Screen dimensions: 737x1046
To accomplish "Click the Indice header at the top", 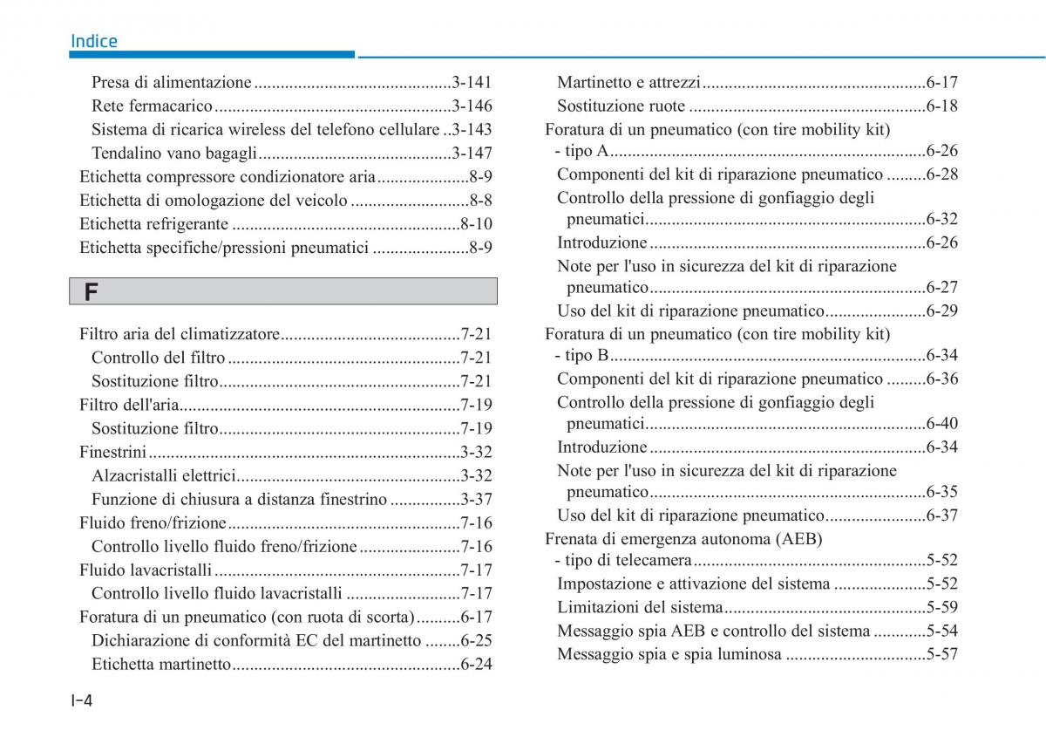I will tap(93, 41).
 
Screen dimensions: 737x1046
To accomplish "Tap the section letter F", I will tap(91, 292).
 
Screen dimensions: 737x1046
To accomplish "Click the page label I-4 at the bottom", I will tap(82, 699).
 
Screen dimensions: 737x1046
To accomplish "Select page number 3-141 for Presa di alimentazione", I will tap(472, 83).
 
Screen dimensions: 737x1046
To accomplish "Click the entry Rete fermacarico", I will tap(152, 106).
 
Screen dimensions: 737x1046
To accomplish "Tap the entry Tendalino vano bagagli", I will tap(173, 154).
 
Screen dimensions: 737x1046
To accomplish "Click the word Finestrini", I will tap(112, 452).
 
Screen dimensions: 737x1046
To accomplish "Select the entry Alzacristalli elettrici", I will tap(164, 475).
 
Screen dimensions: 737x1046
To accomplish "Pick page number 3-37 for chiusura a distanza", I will tap(476, 499).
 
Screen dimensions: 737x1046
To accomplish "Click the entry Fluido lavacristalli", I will tap(146, 570).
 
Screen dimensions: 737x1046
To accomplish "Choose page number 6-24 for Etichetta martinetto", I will tap(476, 665).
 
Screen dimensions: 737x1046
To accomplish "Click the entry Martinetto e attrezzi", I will tap(628, 83).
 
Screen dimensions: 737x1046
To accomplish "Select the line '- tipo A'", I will tap(581, 151).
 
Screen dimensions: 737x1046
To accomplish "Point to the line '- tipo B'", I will tap(581, 356).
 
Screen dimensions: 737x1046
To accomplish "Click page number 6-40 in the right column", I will tap(942, 424).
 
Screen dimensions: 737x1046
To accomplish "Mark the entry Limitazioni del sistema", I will tap(640, 608).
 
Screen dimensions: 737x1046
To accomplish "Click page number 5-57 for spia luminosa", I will tap(942, 654).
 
